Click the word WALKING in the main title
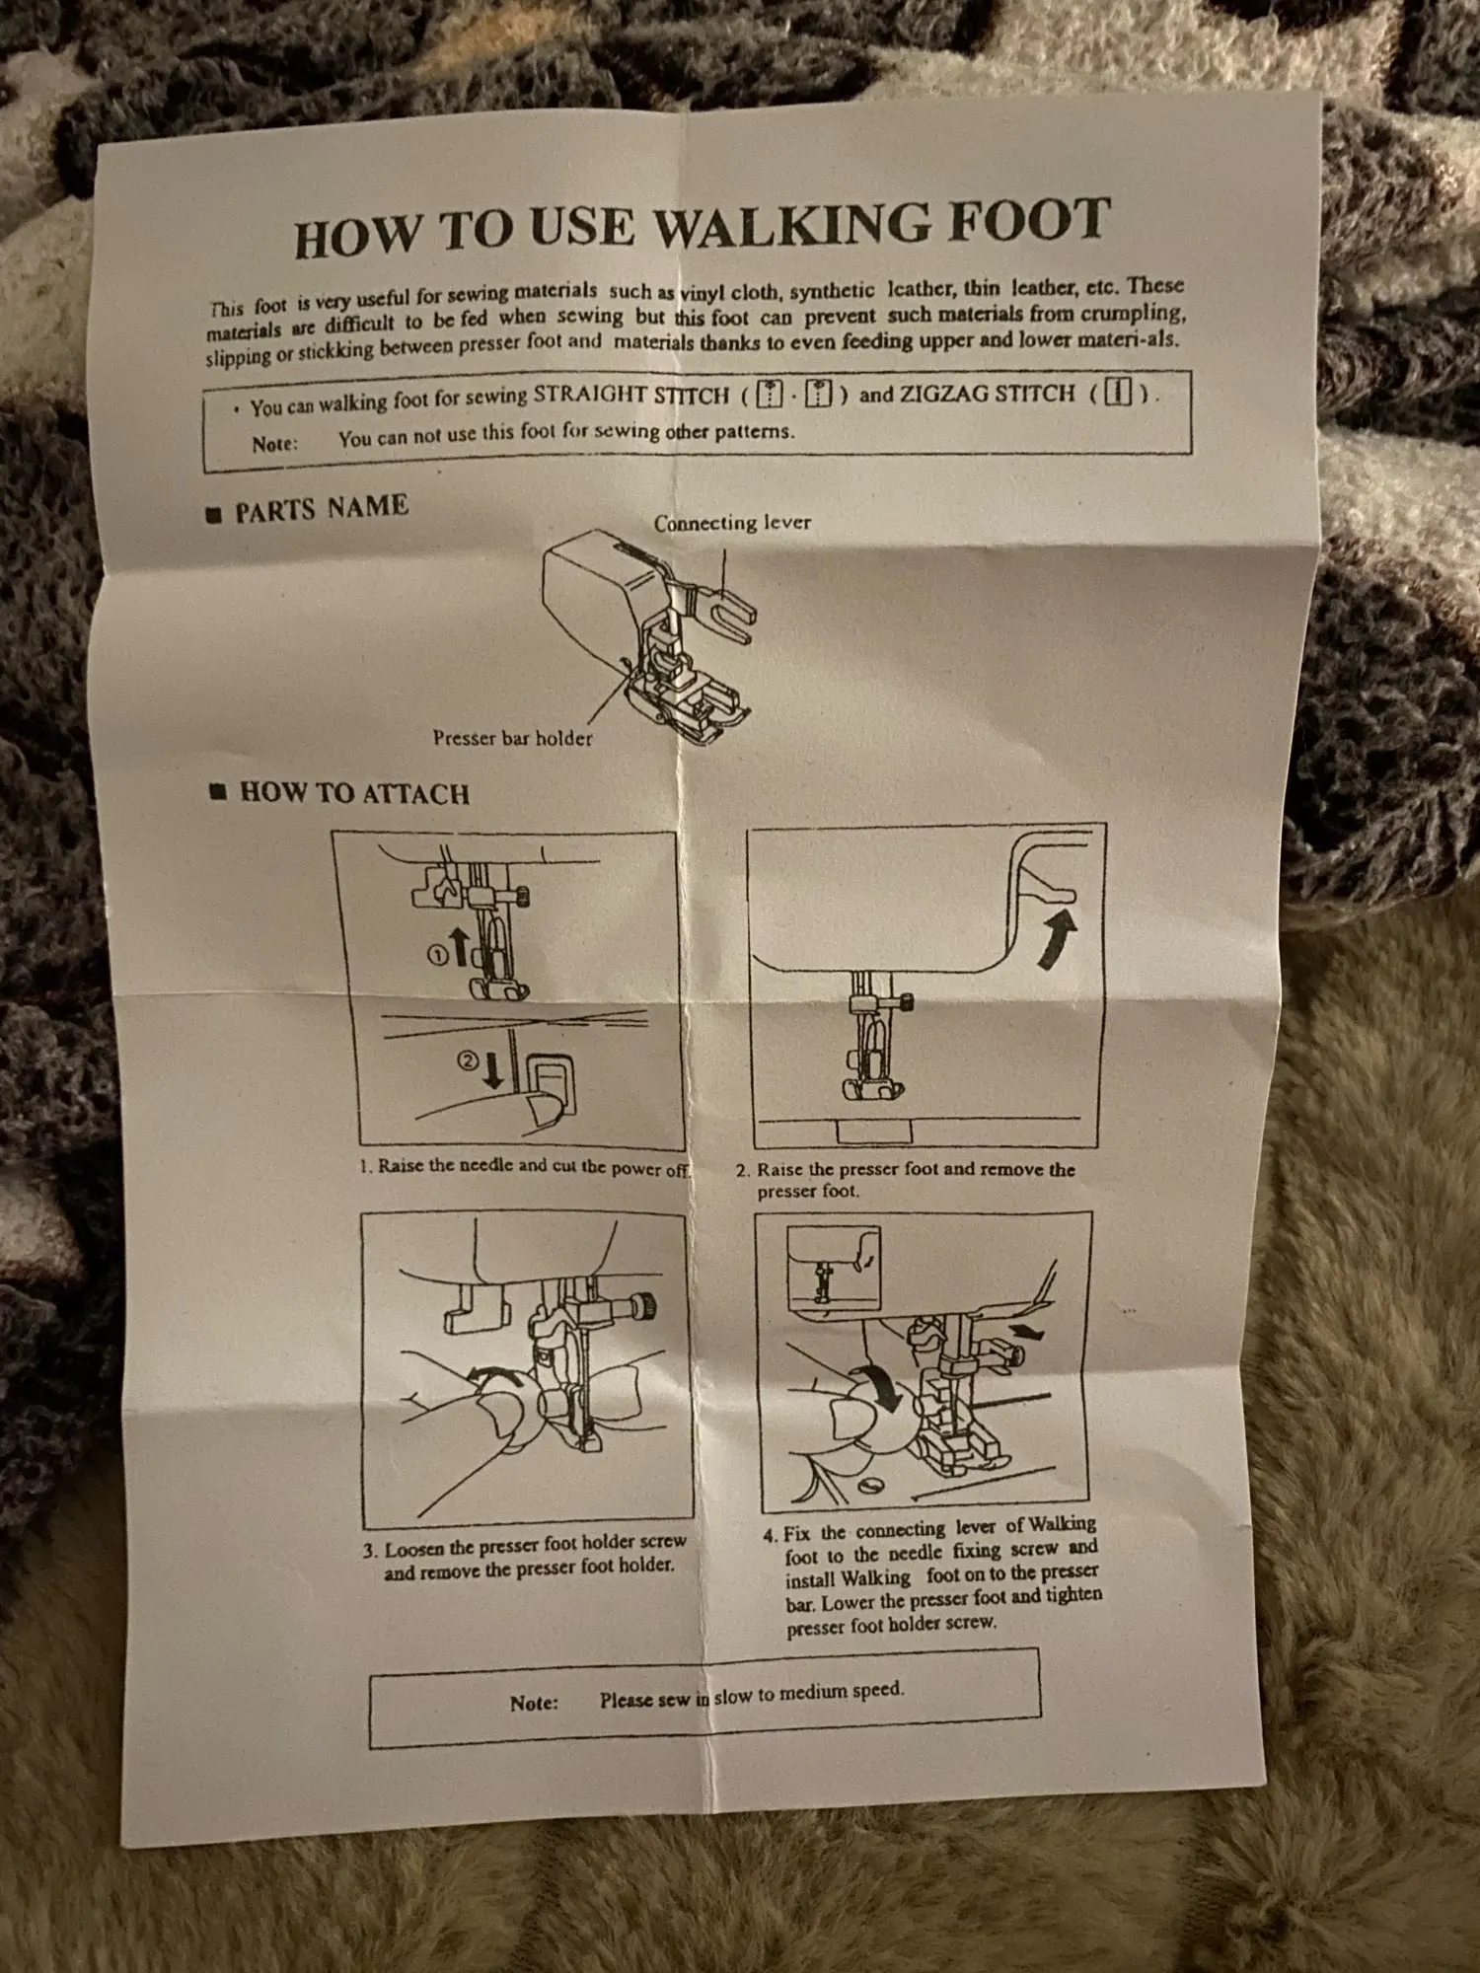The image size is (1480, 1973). click(792, 226)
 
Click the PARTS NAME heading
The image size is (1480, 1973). click(321, 509)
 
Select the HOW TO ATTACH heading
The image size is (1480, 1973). click(354, 793)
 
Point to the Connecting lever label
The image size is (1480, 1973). click(732, 523)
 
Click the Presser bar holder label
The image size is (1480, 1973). click(512, 738)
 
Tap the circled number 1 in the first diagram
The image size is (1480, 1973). click(437, 954)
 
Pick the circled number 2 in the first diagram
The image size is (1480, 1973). click(469, 1061)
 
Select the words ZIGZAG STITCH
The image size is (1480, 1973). click(987, 394)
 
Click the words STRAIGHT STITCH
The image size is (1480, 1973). click(630, 396)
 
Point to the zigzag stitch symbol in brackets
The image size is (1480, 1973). click(1118, 393)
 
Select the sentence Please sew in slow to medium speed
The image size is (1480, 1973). click(751, 1694)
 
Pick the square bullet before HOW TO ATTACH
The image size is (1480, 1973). click(218, 792)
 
